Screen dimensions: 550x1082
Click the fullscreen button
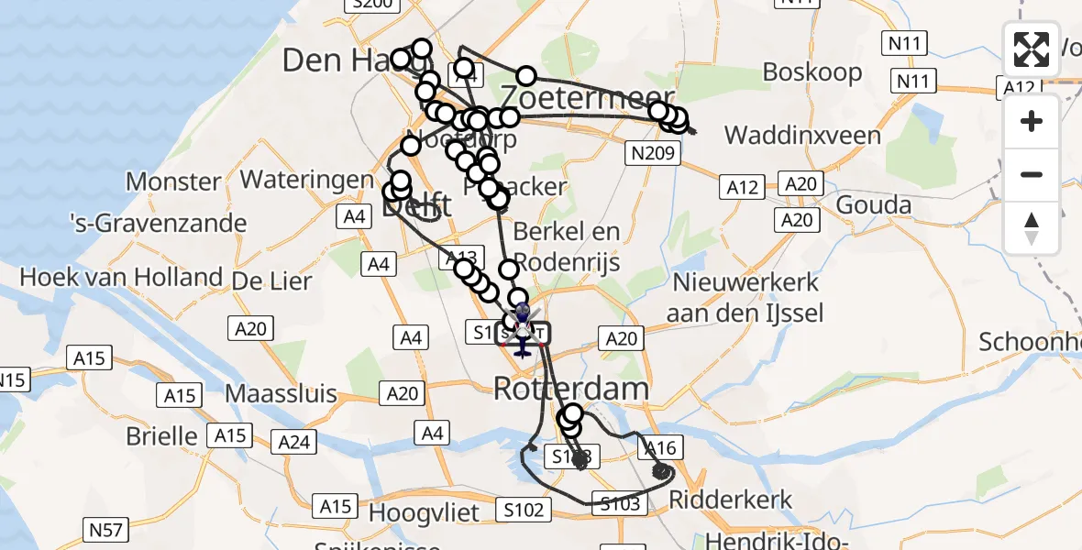[x=1032, y=49]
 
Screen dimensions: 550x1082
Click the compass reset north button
[x=1032, y=228]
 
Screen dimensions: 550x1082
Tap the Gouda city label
[x=874, y=204]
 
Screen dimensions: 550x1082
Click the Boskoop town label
[x=812, y=71]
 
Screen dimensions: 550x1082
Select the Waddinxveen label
[x=802, y=136]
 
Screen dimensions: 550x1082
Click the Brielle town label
[x=163, y=434]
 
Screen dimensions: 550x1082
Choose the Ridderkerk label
[x=731, y=500]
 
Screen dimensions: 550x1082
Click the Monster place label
[x=173, y=181]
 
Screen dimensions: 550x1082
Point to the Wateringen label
[x=307, y=180]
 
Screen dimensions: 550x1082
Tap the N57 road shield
[x=107, y=529]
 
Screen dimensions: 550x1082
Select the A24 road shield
[x=294, y=443]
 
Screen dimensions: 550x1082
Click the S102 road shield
[x=524, y=510]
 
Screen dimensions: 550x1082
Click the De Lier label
[x=272, y=280]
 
